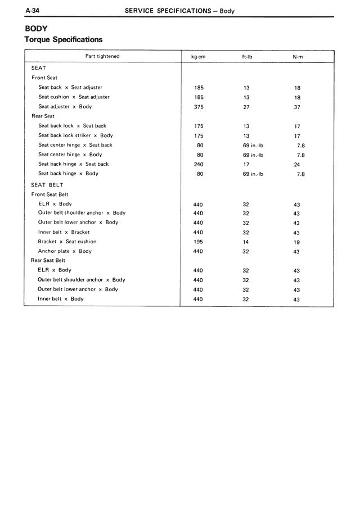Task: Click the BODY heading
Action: (x=36, y=28)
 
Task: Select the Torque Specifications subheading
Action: (x=64, y=40)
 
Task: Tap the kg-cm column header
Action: (x=198, y=57)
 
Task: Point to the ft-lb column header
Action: (x=246, y=57)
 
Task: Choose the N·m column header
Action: (x=298, y=57)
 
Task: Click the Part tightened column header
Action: (x=102, y=56)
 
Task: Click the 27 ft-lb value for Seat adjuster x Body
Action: (x=246, y=107)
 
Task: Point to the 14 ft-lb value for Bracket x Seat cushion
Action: (x=246, y=242)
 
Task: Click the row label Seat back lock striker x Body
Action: (x=75, y=135)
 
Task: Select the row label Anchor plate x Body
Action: (x=65, y=251)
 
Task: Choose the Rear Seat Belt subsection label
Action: (x=48, y=261)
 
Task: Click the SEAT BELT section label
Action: (x=47, y=185)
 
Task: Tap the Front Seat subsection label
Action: (x=44, y=78)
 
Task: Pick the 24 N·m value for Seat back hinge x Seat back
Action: (x=297, y=165)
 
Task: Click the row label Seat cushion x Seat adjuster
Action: (x=74, y=97)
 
